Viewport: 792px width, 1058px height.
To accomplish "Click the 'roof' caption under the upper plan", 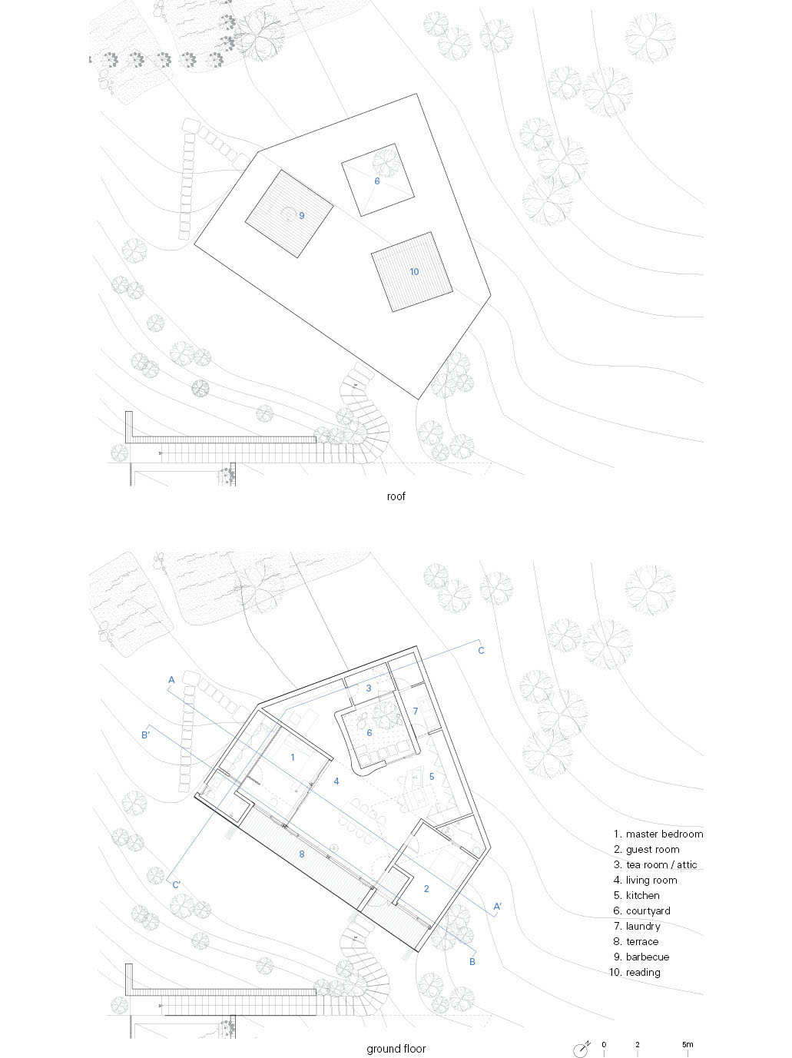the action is coord(396,496).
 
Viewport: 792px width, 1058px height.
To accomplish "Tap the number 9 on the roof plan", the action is coord(302,215).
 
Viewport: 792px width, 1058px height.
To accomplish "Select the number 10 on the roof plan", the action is coord(414,272).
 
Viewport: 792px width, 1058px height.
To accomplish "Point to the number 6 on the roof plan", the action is coord(376,181).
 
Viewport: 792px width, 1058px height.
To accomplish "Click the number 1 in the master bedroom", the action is coord(293,758).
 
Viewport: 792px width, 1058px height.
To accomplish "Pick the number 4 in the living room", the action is coord(336,781).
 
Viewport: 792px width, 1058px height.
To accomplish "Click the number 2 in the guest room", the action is coord(426,888).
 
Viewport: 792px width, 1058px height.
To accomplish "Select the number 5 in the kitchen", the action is coord(432,777).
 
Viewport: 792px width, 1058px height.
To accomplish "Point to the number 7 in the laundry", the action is coord(416,711).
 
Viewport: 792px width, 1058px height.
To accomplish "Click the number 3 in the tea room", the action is coord(369,688).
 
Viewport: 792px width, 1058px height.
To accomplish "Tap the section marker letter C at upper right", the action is coord(481,651).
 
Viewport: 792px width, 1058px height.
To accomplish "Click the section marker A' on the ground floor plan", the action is coord(498,906).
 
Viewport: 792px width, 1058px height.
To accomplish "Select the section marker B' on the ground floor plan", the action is coord(145,735).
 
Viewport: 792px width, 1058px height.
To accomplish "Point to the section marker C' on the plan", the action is coord(177,885).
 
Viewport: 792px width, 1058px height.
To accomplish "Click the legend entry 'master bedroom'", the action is coord(658,834).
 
